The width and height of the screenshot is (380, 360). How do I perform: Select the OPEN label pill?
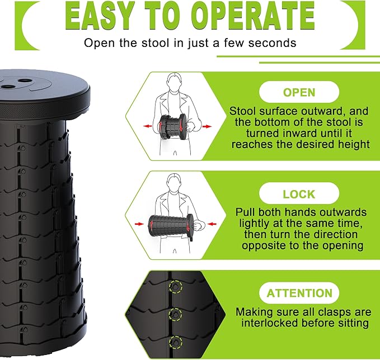(x=298, y=92)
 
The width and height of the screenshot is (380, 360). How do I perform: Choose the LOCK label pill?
(x=298, y=195)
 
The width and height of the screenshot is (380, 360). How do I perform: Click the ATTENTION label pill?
(x=298, y=293)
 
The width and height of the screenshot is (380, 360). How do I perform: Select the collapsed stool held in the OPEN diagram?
(x=174, y=126)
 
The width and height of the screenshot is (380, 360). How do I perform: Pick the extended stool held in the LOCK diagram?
(x=171, y=224)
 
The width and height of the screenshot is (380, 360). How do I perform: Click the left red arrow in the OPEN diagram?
(x=148, y=126)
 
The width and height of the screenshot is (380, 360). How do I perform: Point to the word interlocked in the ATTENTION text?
(x=268, y=323)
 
